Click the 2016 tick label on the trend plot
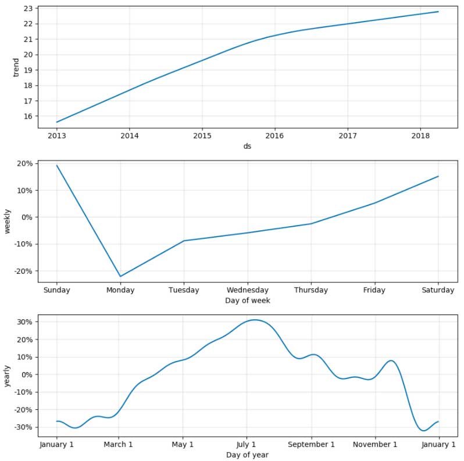coord(274,136)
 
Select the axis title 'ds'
coord(247,146)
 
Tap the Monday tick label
coord(120,290)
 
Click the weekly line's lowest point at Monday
coord(120,277)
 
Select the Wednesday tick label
coord(248,290)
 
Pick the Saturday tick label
coord(438,290)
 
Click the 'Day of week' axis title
coord(247,301)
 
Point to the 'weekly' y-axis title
coord(8,221)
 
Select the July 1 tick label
coord(247,444)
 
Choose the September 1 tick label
coord(311,444)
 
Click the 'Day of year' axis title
coord(247,455)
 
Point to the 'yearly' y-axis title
coord(8,374)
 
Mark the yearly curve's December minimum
coord(423,431)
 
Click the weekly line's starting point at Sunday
coord(57,166)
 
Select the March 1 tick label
coord(119,444)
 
